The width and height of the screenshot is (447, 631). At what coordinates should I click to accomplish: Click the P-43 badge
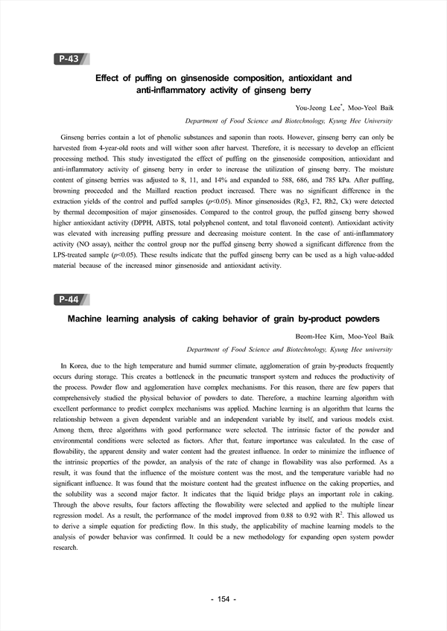69,59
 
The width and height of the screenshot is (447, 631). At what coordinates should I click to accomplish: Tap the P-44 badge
69,299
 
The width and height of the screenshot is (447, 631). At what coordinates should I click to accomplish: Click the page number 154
223,600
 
